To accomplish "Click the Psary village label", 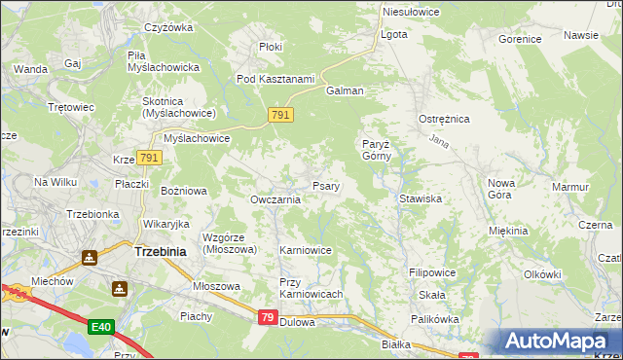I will (x=325, y=186).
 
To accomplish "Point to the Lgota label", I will (x=394, y=34).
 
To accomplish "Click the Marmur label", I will (x=570, y=187).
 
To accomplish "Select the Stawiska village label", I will (x=421, y=198).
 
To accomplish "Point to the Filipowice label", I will (x=433, y=273).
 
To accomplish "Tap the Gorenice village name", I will (x=519, y=40).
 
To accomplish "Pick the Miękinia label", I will (x=509, y=231).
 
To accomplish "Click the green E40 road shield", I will (x=100, y=327).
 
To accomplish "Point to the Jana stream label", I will (x=438, y=142).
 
